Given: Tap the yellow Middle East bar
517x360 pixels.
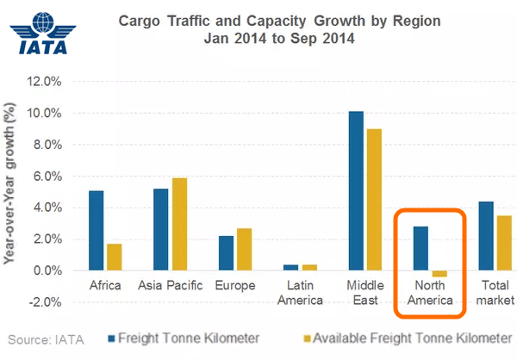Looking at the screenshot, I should tap(372, 200).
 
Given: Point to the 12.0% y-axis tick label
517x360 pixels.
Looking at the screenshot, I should tap(45, 82).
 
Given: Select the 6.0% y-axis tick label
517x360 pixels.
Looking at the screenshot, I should tap(47, 177).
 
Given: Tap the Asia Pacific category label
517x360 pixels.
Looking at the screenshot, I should tap(171, 284).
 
